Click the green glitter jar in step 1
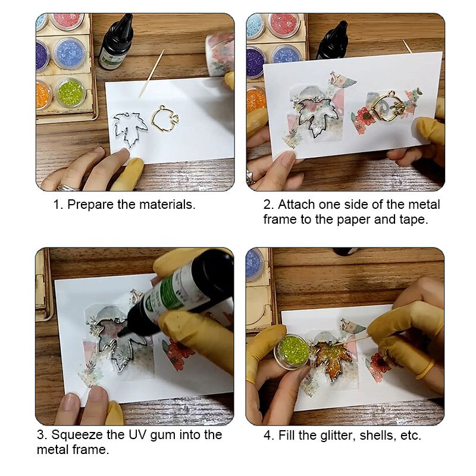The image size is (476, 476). point(70,93)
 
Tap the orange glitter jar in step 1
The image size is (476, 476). point(43,95)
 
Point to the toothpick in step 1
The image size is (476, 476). point(152,73)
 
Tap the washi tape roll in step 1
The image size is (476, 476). point(220,54)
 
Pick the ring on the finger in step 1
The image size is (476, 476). point(67,187)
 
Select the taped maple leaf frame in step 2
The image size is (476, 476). point(317,117)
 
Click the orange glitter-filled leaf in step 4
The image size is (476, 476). point(332,356)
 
